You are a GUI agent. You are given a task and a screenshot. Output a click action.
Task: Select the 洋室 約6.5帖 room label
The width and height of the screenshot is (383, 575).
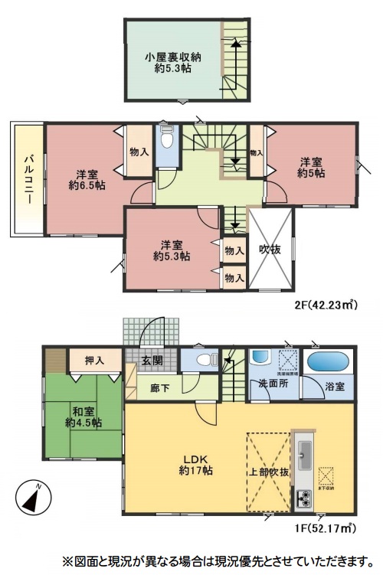(x=87, y=178)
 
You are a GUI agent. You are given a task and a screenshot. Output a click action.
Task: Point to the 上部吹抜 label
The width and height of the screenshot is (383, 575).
(x=270, y=472)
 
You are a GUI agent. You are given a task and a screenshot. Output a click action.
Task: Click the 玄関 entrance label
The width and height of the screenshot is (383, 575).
(x=152, y=361)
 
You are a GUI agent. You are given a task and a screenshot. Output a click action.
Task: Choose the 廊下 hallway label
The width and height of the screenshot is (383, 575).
(x=159, y=388)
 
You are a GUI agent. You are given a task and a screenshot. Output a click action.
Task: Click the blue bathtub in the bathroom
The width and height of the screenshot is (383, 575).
(x=328, y=361)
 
